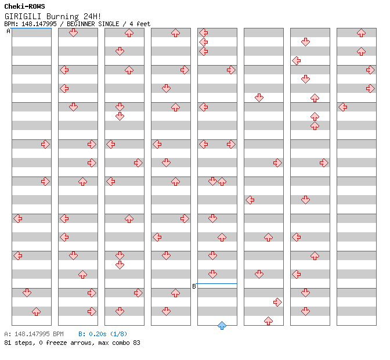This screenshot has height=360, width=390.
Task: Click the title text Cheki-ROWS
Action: (24, 6)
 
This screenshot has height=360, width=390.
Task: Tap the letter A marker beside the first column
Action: (8, 31)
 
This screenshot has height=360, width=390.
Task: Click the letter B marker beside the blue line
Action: (194, 286)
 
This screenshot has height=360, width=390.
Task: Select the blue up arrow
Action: (222, 325)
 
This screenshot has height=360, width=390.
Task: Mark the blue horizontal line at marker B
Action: (217, 283)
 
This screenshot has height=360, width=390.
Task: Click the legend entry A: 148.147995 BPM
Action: (34, 334)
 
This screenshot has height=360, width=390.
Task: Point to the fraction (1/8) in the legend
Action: (120, 334)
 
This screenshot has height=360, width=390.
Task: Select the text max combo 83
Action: (120, 343)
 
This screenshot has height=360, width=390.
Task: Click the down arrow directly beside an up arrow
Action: (212, 181)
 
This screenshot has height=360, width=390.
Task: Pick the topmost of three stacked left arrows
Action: (203, 33)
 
